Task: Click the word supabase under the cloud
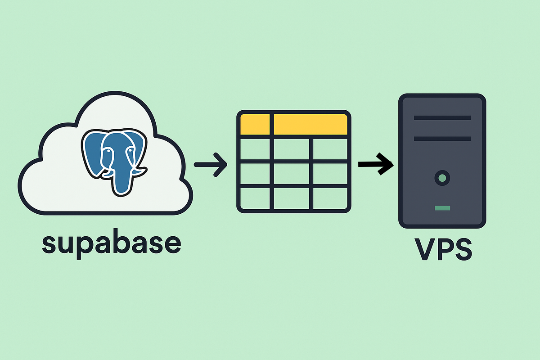coord(111,243)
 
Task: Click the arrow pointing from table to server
coord(376,164)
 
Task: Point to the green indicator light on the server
coord(442,208)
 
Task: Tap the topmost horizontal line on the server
coord(442,118)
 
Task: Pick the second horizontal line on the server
coord(442,139)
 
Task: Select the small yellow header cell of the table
coord(255,124)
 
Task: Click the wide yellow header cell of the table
coord(310,124)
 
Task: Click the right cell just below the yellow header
coord(329,149)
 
